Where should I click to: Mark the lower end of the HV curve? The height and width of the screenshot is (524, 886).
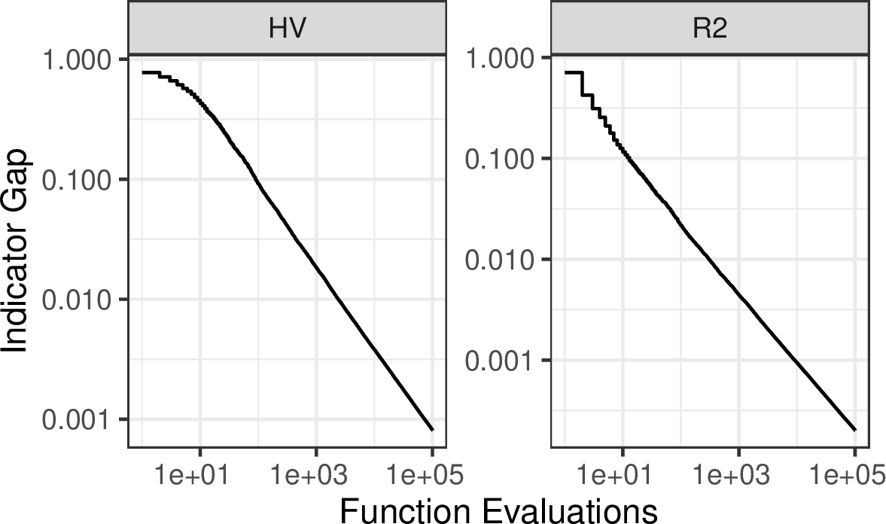tap(432, 430)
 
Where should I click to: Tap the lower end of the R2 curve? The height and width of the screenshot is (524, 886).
tap(855, 430)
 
